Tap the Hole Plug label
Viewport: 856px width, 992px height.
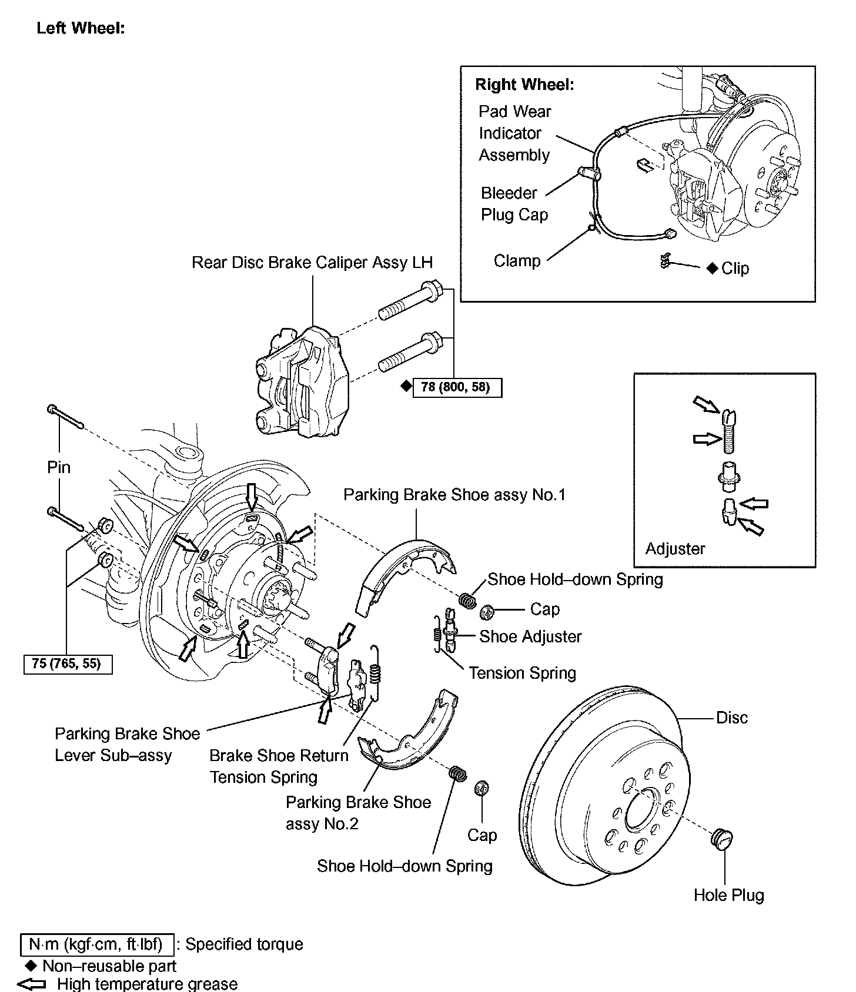(x=728, y=895)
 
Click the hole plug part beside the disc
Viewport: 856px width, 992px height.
(x=722, y=839)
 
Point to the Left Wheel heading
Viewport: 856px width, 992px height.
(x=81, y=28)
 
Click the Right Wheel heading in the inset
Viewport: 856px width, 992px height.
(x=524, y=85)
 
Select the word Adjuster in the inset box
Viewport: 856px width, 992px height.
(x=675, y=549)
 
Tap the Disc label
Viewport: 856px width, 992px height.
(x=732, y=718)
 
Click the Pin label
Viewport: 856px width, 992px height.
(x=59, y=467)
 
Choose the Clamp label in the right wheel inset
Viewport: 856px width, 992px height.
(x=517, y=260)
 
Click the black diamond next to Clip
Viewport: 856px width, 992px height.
(x=712, y=269)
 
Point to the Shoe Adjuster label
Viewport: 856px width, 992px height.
(x=530, y=636)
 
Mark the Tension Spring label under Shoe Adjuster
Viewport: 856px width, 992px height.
(x=522, y=673)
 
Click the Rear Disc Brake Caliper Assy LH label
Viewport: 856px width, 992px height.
(x=312, y=262)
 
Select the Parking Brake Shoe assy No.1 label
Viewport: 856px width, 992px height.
(x=454, y=495)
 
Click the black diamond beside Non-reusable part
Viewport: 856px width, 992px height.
(x=32, y=966)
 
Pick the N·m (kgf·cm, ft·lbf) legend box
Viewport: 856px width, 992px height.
(x=97, y=944)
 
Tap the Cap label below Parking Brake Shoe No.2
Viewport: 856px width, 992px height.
(x=482, y=835)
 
